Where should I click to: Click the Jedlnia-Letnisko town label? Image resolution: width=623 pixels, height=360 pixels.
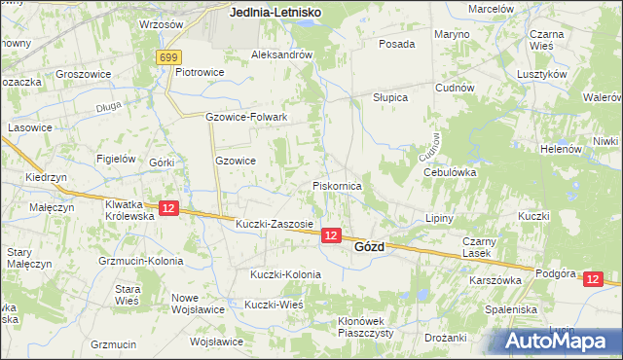276,14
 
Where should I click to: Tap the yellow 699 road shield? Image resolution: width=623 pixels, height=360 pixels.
167,57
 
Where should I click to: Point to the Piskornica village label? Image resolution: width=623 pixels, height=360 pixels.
337,185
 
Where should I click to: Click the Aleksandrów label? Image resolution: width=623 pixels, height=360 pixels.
282,55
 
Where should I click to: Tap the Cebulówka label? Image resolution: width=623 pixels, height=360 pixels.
448,171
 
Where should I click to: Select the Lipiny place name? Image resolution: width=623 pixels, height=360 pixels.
440,218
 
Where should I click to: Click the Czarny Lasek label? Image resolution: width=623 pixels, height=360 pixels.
480,246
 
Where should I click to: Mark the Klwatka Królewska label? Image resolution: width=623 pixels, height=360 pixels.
130,210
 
